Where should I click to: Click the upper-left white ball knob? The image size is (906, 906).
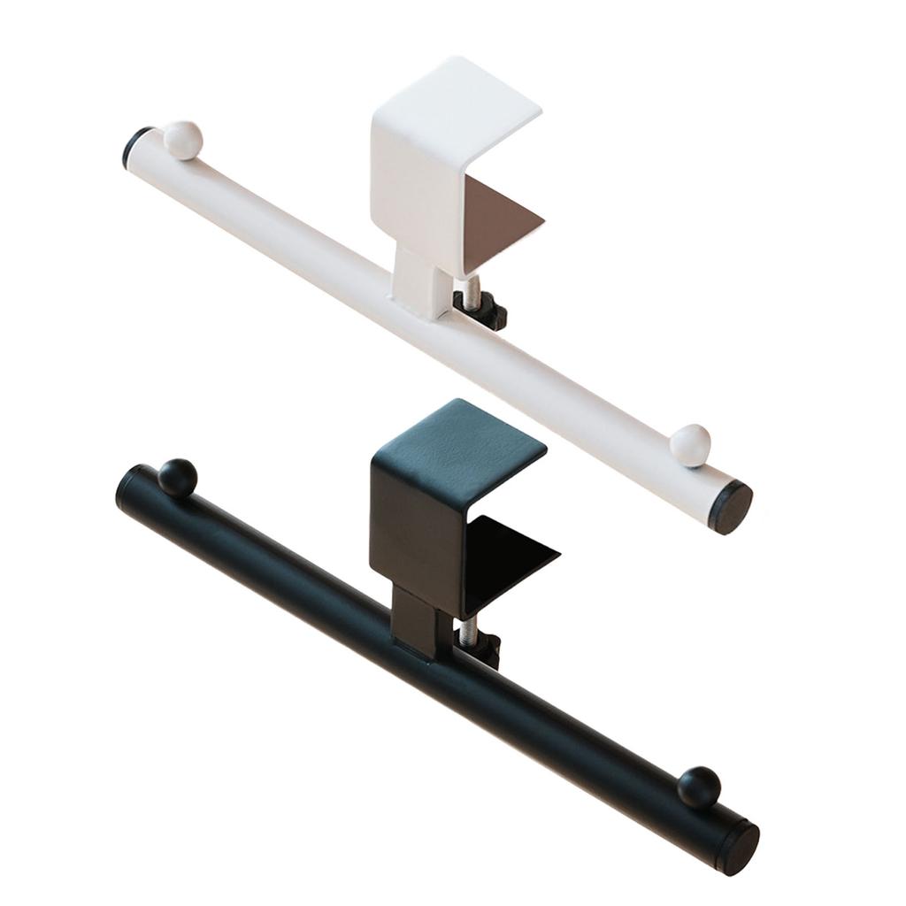(x=184, y=140)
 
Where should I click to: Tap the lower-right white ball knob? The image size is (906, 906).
(x=690, y=445)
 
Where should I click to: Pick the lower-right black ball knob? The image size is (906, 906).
(x=699, y=787)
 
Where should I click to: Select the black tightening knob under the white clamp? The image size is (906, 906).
(x=482, y=312)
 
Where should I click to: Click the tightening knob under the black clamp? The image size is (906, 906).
(x=486, y=649)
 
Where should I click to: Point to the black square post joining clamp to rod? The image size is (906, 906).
(x=412, y=619)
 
